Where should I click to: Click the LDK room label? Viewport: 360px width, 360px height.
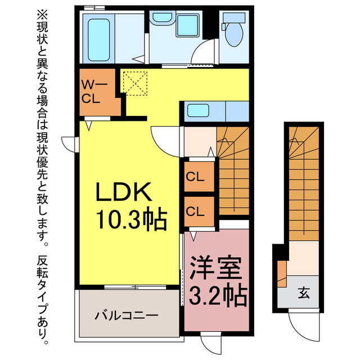[124, 193]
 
